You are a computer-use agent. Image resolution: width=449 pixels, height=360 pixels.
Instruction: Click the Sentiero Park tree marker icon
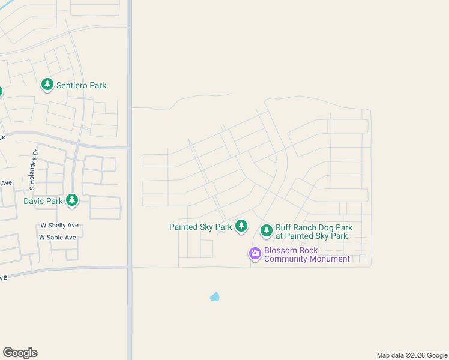47,85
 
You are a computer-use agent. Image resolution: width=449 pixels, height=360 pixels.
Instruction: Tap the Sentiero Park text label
81,85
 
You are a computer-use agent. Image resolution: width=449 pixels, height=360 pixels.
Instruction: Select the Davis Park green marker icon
72,200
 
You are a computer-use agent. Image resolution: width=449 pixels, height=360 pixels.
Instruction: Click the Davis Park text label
43,201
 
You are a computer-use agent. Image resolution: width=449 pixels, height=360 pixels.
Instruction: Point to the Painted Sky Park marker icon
241,226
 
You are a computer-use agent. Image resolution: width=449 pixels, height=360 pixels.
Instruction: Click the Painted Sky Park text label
200,227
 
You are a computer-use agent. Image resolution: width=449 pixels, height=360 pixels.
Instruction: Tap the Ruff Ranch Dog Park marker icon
266,230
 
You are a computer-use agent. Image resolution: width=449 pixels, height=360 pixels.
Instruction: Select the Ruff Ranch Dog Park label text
313,232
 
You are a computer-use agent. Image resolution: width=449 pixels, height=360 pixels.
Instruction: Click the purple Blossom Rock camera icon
255,253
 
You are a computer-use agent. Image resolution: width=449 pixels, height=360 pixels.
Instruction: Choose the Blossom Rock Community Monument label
307,254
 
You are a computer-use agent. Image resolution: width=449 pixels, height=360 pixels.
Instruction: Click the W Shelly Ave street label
59,225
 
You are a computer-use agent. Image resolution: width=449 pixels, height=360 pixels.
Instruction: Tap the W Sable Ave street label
58,237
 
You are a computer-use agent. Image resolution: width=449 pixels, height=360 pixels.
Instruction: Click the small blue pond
214,296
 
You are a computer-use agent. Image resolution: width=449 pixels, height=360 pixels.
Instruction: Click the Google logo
20,353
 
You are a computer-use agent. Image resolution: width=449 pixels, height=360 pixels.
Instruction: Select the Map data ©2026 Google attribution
412,355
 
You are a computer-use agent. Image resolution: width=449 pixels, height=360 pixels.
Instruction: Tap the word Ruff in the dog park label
285,228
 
